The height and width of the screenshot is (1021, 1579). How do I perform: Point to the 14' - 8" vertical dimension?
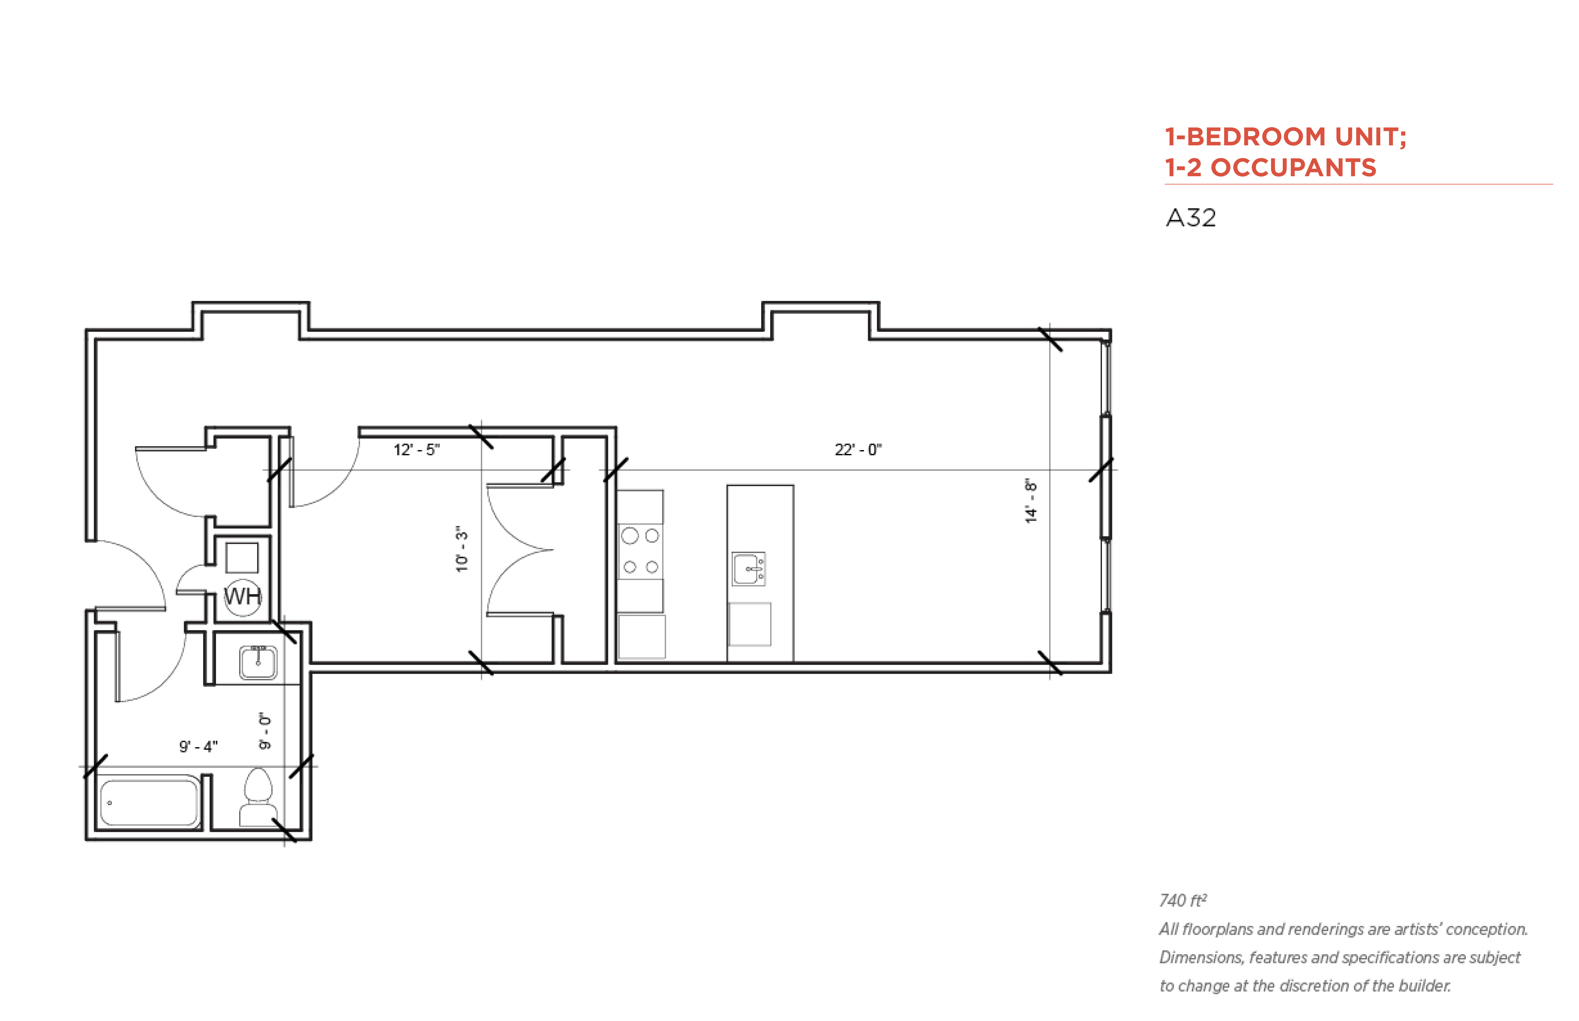coord(1031,501)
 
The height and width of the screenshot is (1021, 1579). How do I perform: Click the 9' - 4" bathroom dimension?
coord(198,747)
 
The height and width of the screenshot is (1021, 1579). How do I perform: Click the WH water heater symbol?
coord(243,597)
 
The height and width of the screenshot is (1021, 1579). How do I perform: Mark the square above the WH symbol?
coord(242,558)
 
